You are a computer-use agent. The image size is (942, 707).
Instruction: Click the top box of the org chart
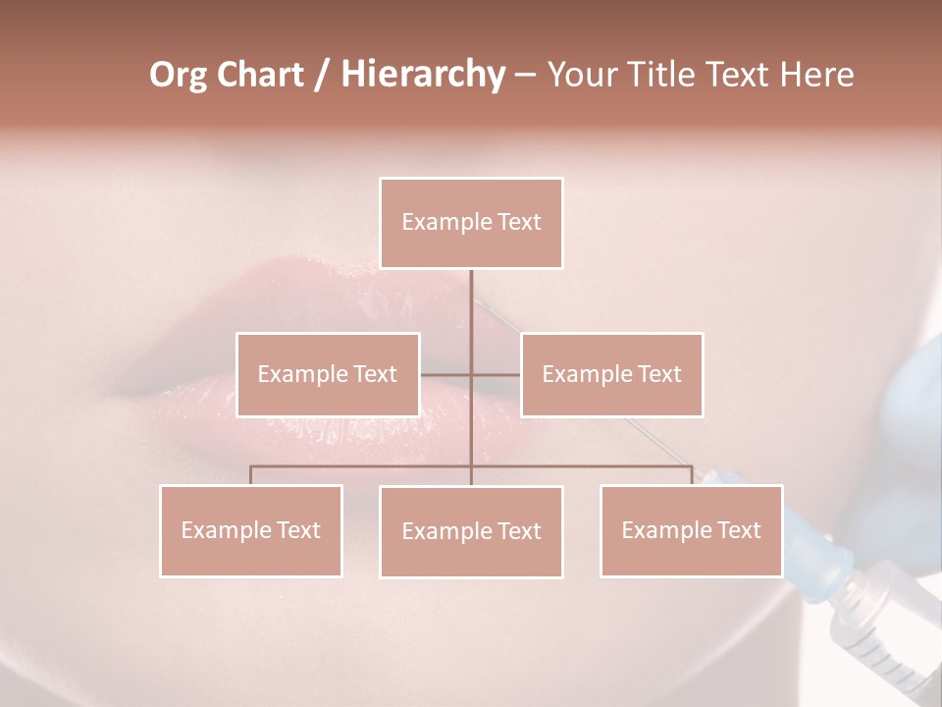click(471, 223)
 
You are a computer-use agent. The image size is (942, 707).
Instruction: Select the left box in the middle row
click(328, 374)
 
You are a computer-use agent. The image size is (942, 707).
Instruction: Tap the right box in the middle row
click(611, 374)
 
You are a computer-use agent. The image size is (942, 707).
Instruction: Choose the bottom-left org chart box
click(251, 530)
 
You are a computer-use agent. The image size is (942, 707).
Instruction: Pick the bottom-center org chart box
click(471, 531)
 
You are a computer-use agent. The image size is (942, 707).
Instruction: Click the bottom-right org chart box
click(691, 530)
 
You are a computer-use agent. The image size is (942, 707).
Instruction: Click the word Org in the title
click(178, 75)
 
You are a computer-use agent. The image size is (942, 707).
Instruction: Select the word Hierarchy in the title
click(422, 75)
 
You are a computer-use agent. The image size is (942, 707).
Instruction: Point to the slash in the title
click(322, 75)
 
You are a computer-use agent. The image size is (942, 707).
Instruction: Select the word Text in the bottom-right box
click(739, 530)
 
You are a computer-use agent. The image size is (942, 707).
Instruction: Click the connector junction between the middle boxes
click(471, 374)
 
